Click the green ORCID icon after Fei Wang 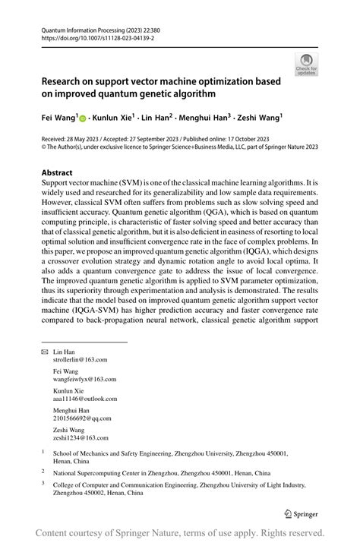tap(83, 119)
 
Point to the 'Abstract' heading tap(57, 172)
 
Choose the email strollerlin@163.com tap(80, 360)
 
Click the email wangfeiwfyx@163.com tap(84, 379)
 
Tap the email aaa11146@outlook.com tap(84, 398)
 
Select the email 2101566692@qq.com tap(81, 417)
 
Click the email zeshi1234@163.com tap(80, 437)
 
